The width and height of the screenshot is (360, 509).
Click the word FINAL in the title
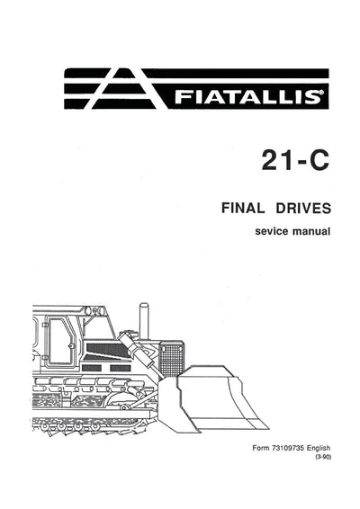(x=243, y=210)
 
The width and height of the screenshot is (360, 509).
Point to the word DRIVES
(x=301, y=210)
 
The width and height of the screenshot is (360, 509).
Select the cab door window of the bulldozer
(x=61, y=340)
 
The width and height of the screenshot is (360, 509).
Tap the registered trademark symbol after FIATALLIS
(x=323, y=89)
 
